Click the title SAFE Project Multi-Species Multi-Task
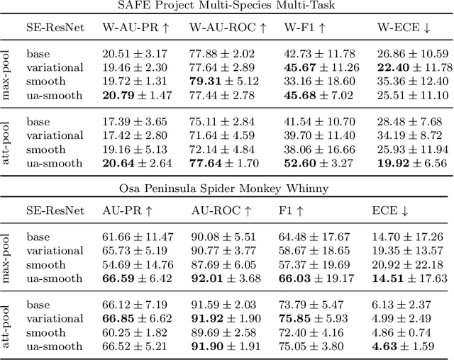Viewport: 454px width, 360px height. (x=227, y=7)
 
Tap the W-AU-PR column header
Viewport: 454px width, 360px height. (x=133, y=28)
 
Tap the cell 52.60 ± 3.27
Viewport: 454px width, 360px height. (x=314, y=162)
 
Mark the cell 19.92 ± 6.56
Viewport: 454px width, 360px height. (x=412, y=162)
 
